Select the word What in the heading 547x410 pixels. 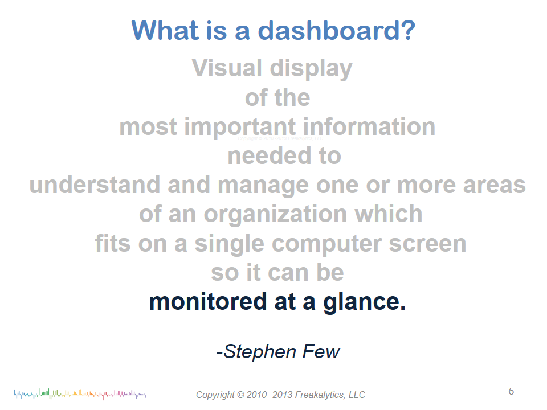coord(165,30)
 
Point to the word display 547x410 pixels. coord(311,69)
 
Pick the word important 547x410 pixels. coord(240,127)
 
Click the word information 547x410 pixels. coord(369,126)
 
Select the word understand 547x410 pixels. coord(95,184)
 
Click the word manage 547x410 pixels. coord(263,186)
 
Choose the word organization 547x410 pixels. coord(275,215)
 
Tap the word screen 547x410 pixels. coord(427,244)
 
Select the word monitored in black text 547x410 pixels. coord(208,302)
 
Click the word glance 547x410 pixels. coord(365,302)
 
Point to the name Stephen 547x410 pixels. coord(260,352)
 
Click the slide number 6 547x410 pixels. coord(511,392)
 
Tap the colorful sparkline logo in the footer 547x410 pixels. coord(80,394)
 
